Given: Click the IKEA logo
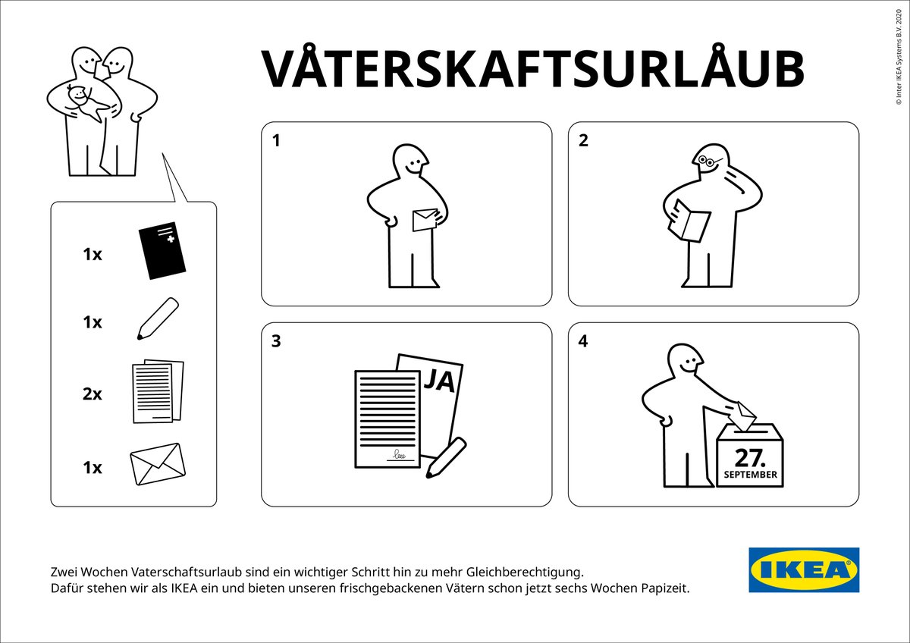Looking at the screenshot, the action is click(x=804, y=569).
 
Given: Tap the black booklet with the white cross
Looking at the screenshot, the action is click(x=162, y=250).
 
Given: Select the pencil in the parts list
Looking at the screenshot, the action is click(x=158, y=318).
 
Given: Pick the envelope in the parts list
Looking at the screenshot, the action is click(x=158, y=464).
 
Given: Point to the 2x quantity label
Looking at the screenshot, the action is click(x=93, y=394).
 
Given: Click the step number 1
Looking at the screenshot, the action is click(x=276, y=140).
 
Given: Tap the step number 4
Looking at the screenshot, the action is click(x=583, y=341).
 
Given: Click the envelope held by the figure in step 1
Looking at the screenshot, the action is click(x=425, y=220).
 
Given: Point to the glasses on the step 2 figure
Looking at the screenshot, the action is click(x=706, y=162).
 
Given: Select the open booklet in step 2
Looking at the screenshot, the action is click(x=689, y=221).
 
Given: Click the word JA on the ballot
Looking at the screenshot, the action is click(x=439, y=381).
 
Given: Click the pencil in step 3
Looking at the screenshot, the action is click(x=446, y=457).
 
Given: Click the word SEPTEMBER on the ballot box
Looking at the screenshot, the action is click(x=750, y=475).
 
